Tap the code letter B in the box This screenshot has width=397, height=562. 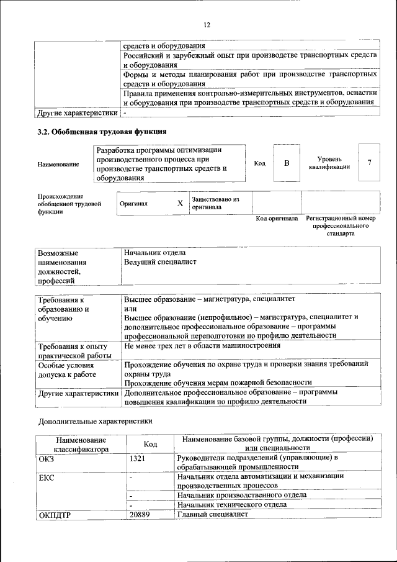(287, 163)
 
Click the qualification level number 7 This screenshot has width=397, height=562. (369, 163)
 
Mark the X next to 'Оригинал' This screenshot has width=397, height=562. (180, 203)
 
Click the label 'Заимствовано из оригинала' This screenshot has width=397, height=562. (215, 203)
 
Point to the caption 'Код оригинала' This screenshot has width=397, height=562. (277, 219)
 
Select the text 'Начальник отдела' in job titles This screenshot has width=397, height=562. (154, 253)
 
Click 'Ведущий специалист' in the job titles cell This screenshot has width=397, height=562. (160, 262)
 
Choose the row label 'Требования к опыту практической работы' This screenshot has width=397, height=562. (73, 350)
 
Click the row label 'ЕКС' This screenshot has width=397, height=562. (47, 477)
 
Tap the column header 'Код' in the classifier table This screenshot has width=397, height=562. (149, 444)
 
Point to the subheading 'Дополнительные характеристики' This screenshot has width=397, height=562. (95, 421)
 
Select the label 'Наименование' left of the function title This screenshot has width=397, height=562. (58, 164)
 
